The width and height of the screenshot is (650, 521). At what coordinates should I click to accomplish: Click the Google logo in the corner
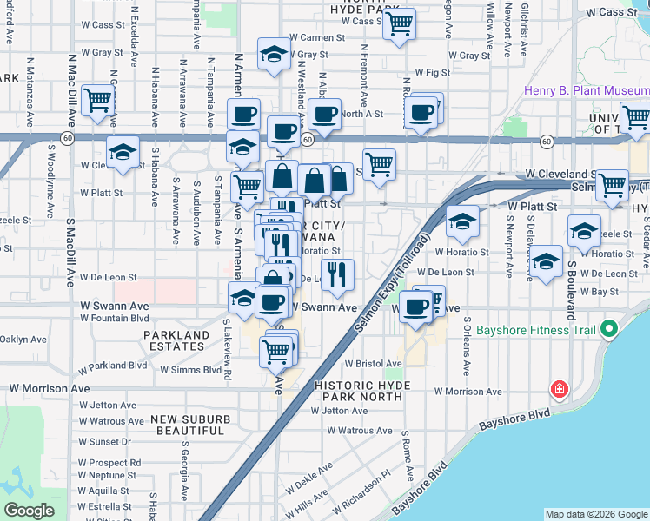(x=30, y=511)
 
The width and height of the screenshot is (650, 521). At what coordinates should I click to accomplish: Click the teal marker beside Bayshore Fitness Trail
(x=608, y=330)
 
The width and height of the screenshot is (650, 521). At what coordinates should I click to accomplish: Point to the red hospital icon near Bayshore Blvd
(x=560, y=389)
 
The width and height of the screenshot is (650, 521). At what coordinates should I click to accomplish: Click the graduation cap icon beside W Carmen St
(x=274, y=54)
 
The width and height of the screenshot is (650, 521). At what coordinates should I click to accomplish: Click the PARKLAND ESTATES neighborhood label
(x=176, y=340)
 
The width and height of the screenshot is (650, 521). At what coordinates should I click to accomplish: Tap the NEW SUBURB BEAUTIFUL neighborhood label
(x=190, y=425)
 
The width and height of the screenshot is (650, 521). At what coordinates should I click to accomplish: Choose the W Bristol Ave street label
(x=370, y=365)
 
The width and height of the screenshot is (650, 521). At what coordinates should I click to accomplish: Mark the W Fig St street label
(x=431, y=73)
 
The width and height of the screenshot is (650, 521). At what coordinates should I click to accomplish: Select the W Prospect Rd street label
(x=109, y=463)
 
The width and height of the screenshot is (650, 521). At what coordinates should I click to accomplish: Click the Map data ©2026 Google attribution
(x=596, y=514)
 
